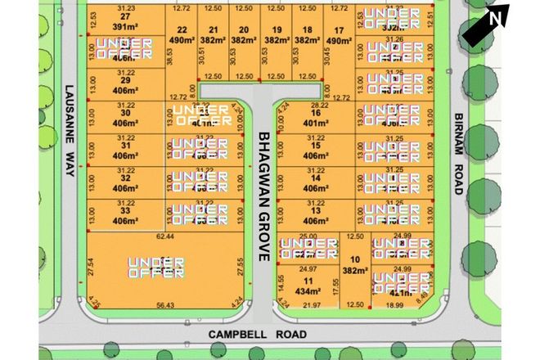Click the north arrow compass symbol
(x=486, y=26)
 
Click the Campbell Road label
(x=245, y=334)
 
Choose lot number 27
(x=125, y=16)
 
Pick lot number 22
(x=182, y=29)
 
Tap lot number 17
(x=339, y=29)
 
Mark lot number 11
(x=308, y=280)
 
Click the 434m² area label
(x=308, y=290)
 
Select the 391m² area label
(x=125, y=25)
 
